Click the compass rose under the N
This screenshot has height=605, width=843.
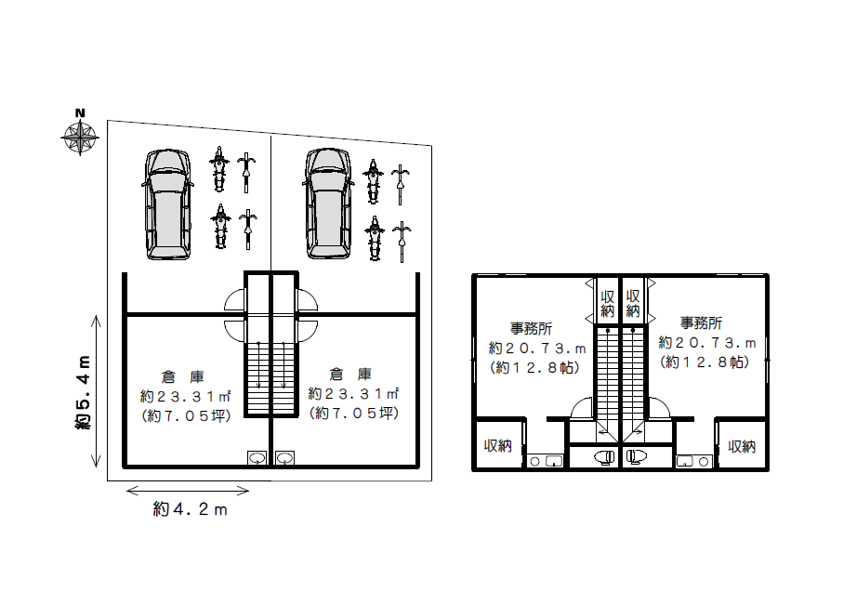point(80,138)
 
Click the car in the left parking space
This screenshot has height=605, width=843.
point(167,204)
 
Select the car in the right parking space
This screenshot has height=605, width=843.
point(328,204)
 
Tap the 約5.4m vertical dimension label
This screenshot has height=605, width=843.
point(83,392)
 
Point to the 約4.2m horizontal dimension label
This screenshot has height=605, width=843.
point(191,509)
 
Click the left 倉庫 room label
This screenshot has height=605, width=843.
point(183,376)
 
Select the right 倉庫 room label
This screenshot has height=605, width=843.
point(350,374)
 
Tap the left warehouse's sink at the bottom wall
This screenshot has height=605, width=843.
point(257,458)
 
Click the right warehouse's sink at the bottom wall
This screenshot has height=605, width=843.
point(285,458)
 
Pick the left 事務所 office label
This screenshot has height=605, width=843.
point(532,328)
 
